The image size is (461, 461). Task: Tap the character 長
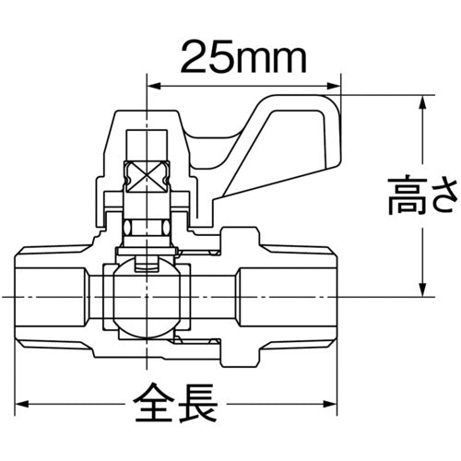tap(196, 403)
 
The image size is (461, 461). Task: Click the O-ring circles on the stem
tap(147, 227)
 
